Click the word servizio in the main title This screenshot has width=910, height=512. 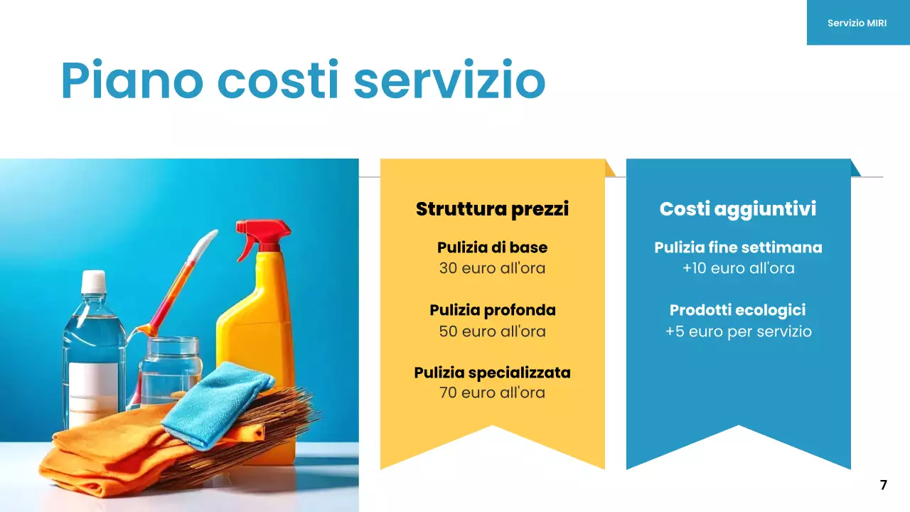tap(449, 80)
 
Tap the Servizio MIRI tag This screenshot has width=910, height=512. tap(857, 23)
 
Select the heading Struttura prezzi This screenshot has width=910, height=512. tap(492, 209)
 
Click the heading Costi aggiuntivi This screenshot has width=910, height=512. tap(738, 209)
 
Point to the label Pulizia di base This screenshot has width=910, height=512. tap(492, 247)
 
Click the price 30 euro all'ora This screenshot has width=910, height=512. tap(492, 269)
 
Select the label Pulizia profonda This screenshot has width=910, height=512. tap(492, 310)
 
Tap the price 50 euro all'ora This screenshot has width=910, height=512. tap(492, 331)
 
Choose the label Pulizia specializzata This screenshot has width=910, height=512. tap(492, 373)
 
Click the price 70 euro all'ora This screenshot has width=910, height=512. tap(492, 393)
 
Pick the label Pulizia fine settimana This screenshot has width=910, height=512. tap(738, 247)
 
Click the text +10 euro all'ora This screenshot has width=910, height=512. tap(738, 269)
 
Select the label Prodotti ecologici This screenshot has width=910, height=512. tap(738, 310)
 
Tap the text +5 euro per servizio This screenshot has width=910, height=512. tap(738, 331)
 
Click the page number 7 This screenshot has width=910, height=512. tap(883, 485)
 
